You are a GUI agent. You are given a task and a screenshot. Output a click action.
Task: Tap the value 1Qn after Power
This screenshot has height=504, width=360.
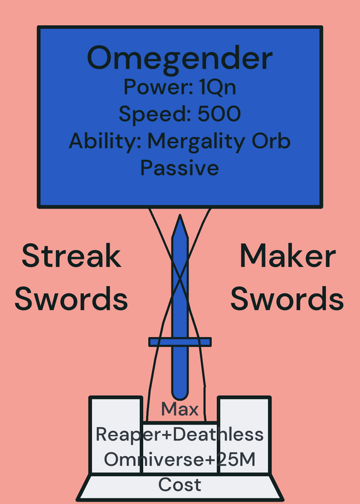pyautogui.click(x=218, y=87)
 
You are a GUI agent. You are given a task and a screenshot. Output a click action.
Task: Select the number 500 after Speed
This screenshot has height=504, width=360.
pyautogui.click(x=219, y=113)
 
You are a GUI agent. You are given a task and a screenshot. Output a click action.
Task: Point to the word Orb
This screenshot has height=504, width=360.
pyautogui.click(x=271, y=140)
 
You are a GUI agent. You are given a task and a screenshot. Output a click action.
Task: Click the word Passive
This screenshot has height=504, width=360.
pyautogui.click(x=180, y=168)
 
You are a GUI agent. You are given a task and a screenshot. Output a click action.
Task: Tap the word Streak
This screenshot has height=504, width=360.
pyautogui.click(x=71, y=256)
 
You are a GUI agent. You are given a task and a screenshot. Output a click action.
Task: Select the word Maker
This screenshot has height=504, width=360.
pyautogui.click(x=288, y=256)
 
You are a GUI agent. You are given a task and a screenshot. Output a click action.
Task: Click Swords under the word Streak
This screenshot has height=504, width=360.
pyautogui.click(x=71, y=298)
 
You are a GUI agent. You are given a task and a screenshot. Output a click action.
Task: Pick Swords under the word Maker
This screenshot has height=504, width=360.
pyautogui.click(x=287, y=298)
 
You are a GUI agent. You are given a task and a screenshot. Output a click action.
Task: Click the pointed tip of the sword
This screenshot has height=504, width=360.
pyautogui.click(x=180, y=215)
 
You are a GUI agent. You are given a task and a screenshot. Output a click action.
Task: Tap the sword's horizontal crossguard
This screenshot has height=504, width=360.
pyautogui.click(x=180, y=342)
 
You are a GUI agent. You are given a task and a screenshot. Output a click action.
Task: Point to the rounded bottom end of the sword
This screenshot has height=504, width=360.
pyautogui.click(x=180, y=399)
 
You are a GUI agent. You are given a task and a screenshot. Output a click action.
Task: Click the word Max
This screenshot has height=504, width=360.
pyautogui.click(x=180, y=409)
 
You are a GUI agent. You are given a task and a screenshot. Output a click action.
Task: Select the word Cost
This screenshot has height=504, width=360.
pyautogui.click(x=180, y=484)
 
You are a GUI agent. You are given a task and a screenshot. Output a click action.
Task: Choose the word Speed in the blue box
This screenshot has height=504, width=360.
pyautogui.click(x=155, y=115)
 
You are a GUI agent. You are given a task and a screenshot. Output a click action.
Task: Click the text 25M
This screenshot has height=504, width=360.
pyautogui.click(x=236, y=459)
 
